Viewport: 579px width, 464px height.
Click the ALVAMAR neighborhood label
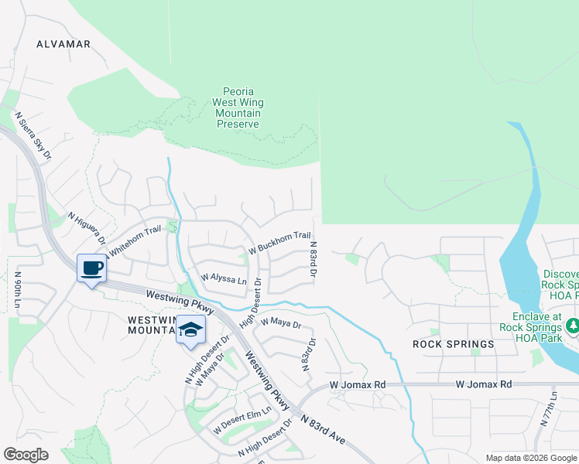pos(63,44)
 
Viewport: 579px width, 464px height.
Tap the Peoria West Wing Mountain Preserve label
pos(238,107)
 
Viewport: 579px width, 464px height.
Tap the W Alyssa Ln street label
pos(223,278)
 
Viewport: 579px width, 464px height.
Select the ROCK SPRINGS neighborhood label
pos(454,343)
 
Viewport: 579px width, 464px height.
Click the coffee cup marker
pos(92,268)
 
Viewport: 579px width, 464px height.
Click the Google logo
pos(26,455)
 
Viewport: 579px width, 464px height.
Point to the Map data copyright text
pos(530,458)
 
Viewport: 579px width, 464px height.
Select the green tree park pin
pos(574,325)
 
